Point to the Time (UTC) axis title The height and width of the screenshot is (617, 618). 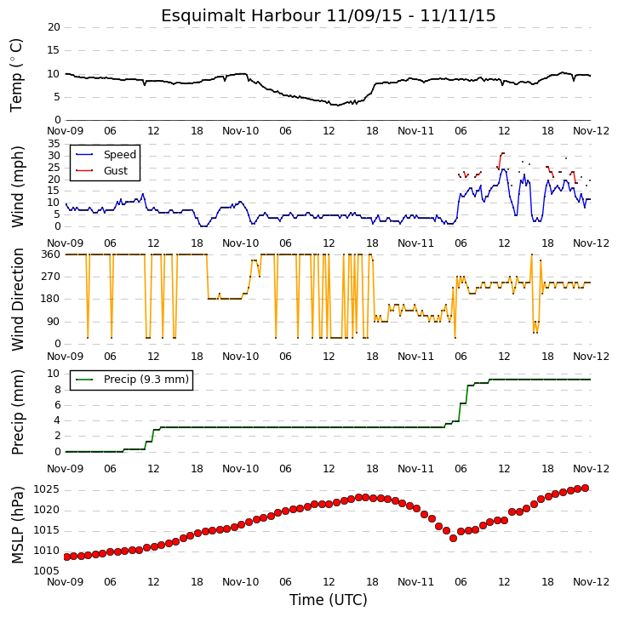(x=329, y=600)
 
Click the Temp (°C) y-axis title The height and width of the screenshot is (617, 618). (x=16, y=75)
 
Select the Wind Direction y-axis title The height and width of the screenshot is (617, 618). (x=17, y=300)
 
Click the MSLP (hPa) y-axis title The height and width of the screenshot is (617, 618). (x=17, y=525)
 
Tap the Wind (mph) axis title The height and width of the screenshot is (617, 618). (x=17, y=186)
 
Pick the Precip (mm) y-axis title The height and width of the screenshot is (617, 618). (x=17, y=412)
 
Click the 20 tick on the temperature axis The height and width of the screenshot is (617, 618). (x=54, y=27)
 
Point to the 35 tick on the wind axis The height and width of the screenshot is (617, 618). (x=54, y=144)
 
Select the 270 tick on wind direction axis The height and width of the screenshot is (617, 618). (x=51, y=277)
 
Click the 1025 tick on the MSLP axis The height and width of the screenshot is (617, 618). (x=47, y=489)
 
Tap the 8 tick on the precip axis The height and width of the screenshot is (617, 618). (x=58, y=390)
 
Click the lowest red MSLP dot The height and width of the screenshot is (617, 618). (x=453, y=538)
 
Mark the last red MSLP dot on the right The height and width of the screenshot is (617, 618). (x=586, y=488)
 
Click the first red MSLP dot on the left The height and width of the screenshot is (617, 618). (x=66, y=557)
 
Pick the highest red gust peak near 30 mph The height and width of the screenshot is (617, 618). (x=502, y=153)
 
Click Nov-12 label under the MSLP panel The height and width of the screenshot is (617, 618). (x=591, y=582)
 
